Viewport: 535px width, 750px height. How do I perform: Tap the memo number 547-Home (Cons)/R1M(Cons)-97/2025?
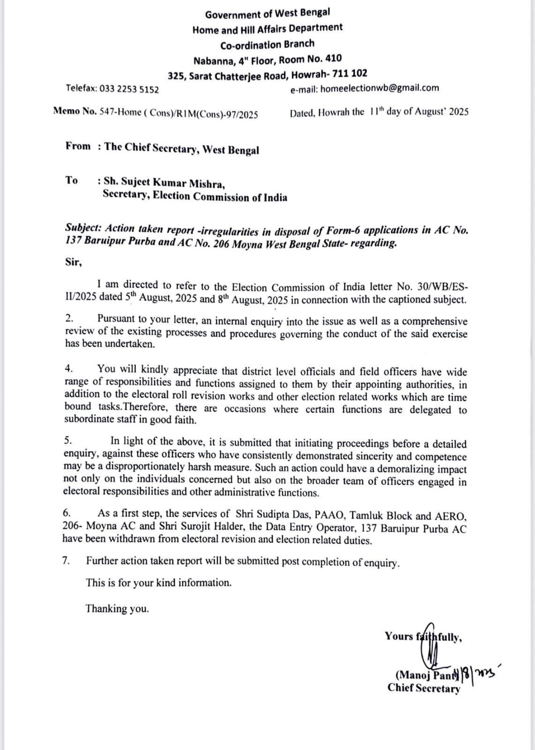point(178,113)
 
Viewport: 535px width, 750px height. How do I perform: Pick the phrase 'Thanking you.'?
point(117,608)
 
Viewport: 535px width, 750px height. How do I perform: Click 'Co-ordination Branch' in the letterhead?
point(267,44)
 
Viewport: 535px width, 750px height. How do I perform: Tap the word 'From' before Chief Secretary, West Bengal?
point(78,146)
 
